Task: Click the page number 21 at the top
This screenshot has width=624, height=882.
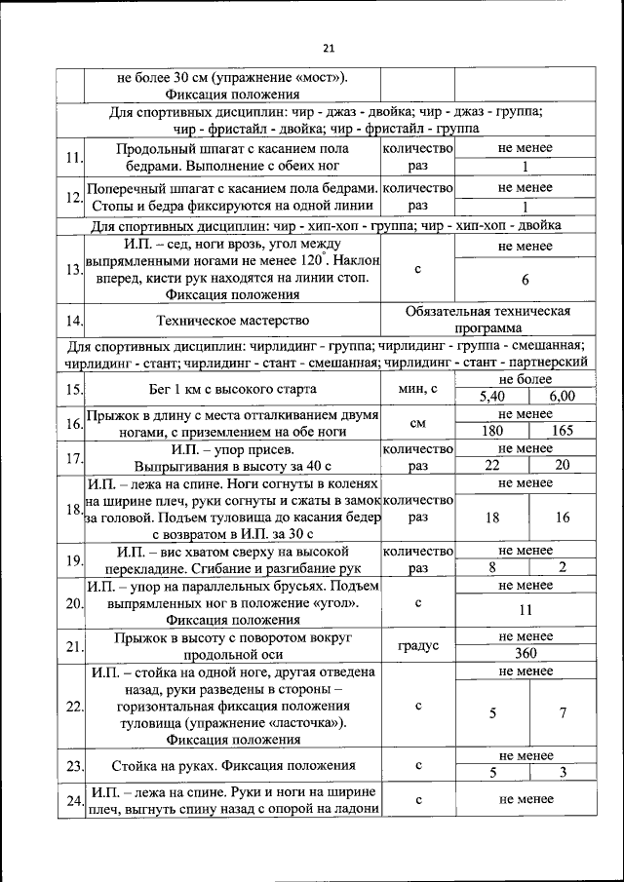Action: (328, 49)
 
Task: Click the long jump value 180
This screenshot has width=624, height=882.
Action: (491, 431)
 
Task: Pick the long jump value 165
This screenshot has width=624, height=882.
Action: (563, 431)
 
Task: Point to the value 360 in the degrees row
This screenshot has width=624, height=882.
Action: (525, 654)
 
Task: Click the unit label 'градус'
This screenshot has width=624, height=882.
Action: (418, 645)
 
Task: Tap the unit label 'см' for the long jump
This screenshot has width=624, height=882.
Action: (418, 423)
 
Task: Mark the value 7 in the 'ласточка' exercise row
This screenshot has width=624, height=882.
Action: (563, 713)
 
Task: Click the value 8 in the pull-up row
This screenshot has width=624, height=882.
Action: (491, 566)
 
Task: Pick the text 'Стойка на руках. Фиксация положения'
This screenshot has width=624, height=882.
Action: (232, 765)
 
